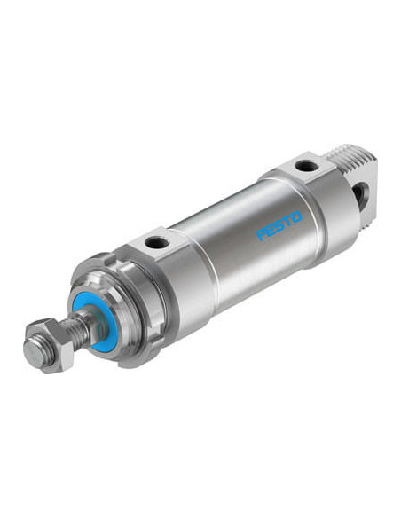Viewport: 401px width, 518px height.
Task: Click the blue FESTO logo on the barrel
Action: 279,225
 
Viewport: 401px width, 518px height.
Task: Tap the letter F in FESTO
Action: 262,234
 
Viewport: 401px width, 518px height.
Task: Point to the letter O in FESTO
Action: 296,217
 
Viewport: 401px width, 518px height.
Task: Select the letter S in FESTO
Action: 279,225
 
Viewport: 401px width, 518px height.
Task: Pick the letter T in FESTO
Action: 287,221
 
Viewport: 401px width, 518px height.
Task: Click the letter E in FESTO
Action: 271,230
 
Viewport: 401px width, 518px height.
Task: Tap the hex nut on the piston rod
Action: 49,345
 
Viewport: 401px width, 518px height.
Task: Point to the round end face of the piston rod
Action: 35,352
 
